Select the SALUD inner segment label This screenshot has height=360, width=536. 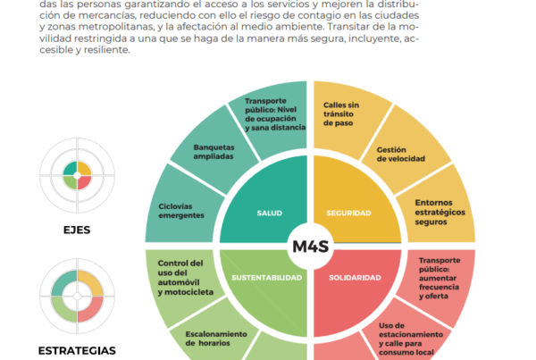pos(269,213)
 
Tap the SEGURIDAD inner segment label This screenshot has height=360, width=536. pos(350,213)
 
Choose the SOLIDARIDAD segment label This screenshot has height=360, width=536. pos(355,278)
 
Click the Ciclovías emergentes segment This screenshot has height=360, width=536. pos(181,211)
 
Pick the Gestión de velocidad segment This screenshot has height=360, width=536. pos(400,154)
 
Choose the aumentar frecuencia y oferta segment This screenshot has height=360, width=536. pos(439,277)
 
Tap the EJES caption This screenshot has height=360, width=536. pos(76,230)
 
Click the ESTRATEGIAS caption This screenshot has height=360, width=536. pos(76,350)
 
